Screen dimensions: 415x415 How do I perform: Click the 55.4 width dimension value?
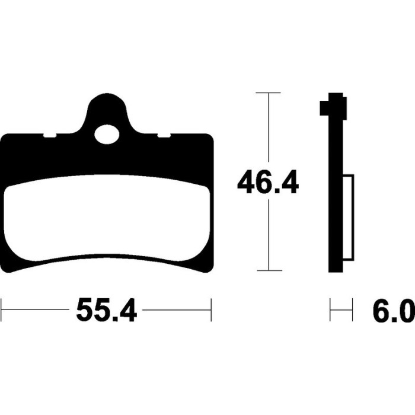pos(106,310)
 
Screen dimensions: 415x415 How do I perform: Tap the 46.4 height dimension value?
pos(268,182)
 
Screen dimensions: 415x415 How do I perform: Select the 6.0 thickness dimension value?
pos(394,310)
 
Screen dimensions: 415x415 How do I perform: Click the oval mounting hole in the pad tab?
pos(107,135)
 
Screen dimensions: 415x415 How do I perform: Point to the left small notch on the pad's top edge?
pos(50,136)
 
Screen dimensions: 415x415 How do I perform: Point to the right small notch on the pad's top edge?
pos(164,136)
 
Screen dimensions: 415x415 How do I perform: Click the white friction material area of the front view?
pos(107,218)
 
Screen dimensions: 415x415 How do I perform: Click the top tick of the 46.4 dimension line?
pos(268,92)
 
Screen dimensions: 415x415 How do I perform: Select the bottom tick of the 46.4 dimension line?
pos(269,270)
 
